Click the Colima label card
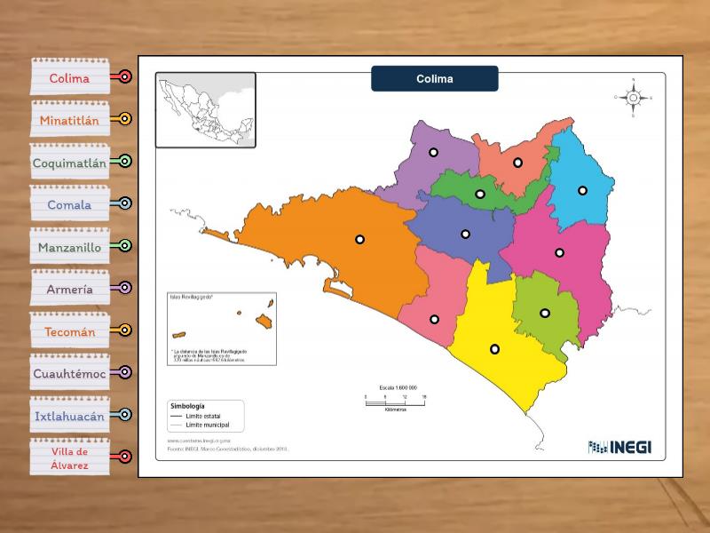point(69,77)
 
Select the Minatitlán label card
point(69,119)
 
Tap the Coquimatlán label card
point(69,162)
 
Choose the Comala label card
point(69,204)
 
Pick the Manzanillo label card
point(69,246)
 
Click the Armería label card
point(69,289)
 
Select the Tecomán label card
point(69,331)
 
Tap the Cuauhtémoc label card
point(69,373)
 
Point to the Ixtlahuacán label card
point(69,416)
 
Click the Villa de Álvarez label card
point(69,457)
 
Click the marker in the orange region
point(359,239)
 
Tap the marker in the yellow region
point(494,348)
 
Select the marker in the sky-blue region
point(582,190)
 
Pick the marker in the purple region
point(433,152)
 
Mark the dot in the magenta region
point(560,252)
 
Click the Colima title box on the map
point(435,78)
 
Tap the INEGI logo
point(619,447)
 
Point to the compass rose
point(633,98)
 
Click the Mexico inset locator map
point(206,109)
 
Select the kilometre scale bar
point(396,402)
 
